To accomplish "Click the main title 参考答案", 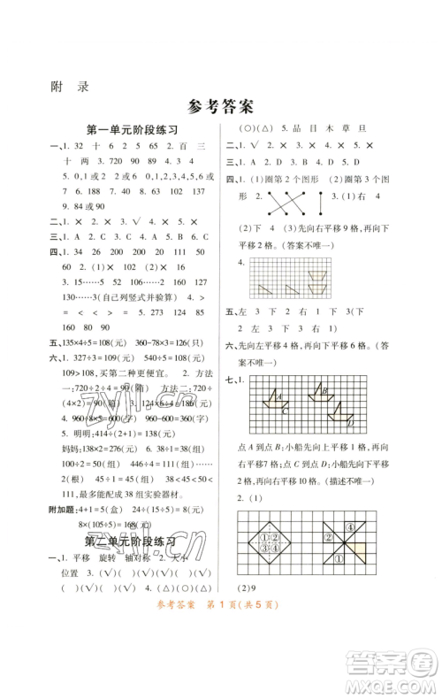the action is pyautogui.click(x=220, y=107).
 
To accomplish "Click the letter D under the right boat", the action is pyautogui.click(x=350, y=423).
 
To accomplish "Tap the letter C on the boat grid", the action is pyautogui.click(x=282, y=409).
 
